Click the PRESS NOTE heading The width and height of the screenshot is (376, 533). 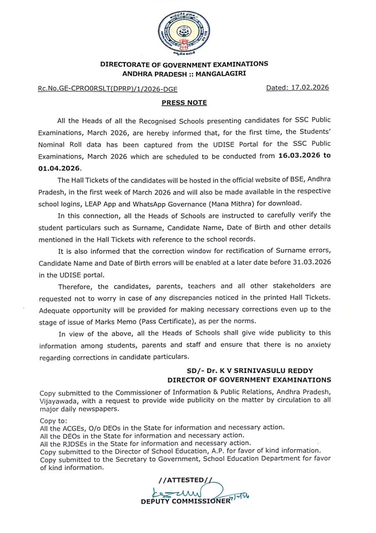coord(184,102)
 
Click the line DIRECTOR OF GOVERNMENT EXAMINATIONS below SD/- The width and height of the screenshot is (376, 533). coord(249,380)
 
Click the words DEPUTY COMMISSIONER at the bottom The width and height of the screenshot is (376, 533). coord(185,501)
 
